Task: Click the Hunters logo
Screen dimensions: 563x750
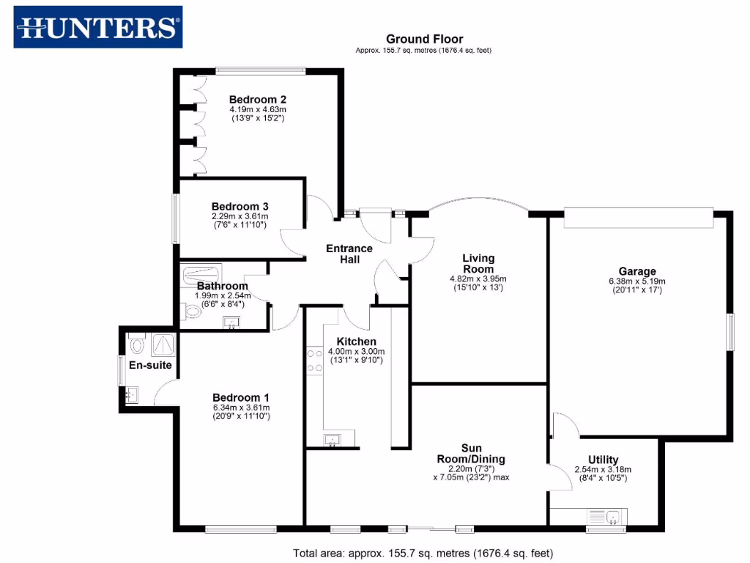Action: click(x=98, y=27)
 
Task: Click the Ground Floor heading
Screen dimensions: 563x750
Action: click(x=424, y=39)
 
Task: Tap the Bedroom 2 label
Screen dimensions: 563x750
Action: click(x=257, y=100)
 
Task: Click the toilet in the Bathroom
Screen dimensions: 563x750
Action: click(x=193, y=312)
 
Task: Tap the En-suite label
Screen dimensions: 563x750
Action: click(x=146, y=364)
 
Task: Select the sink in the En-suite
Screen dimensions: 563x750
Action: click(x=133, y=395)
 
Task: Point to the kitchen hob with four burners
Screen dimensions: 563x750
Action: click(x=314, y=360)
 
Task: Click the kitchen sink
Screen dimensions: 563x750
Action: click(x=333, y=440)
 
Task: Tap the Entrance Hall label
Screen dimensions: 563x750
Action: click(x=349, y=254)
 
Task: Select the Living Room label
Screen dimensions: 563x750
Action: click(x=478, y=263)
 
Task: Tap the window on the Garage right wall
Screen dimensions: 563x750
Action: click(x=729, y=336)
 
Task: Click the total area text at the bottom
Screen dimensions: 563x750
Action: click(x=423, y=553)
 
